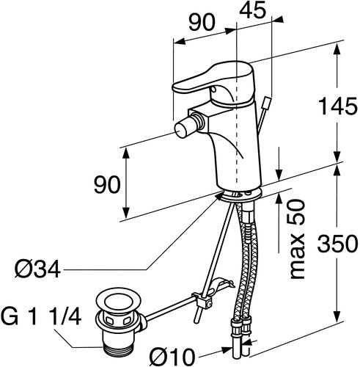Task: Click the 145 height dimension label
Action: tap(339, 106)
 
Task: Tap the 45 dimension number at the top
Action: tap(253, 10)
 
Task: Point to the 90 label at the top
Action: tap(202, 22)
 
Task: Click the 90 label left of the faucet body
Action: tap(108, 185)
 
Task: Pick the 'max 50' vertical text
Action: tap(297, 239)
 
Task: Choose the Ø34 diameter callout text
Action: tap(37, 269)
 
